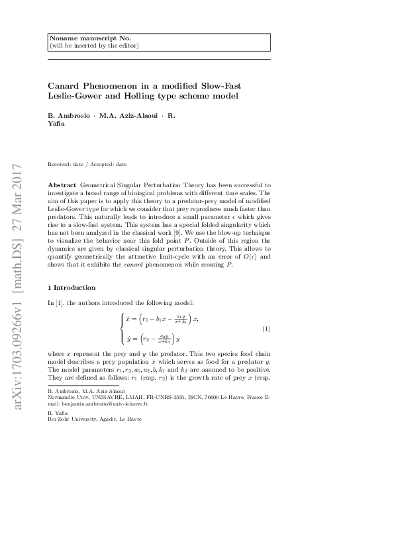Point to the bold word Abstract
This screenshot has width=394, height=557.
62,181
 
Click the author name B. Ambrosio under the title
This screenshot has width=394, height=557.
70,116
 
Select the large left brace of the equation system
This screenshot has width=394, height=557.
123,329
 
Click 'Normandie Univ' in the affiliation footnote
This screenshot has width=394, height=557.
68,398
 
